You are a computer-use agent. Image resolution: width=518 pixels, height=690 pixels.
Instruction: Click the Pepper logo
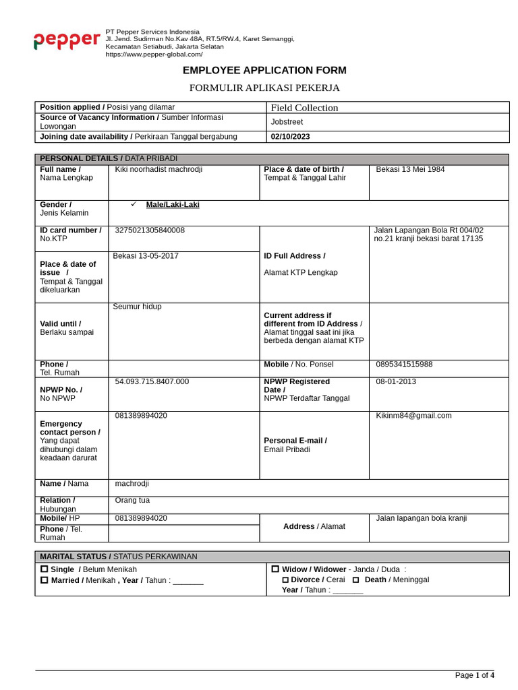tap(67, 41)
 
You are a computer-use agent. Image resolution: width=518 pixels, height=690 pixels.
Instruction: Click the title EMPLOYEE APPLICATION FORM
tap(264, 71)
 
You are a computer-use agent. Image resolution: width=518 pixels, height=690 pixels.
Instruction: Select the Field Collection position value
tap(304, 108)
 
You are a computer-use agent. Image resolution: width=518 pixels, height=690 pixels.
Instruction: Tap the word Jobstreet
tap(287, 122)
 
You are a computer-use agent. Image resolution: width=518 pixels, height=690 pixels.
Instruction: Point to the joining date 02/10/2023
tap(290, 137)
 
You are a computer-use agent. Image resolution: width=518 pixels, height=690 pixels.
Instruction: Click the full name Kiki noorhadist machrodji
tap(159, 170)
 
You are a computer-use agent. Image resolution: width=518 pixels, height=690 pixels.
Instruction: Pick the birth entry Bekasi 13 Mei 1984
tap(410, 170)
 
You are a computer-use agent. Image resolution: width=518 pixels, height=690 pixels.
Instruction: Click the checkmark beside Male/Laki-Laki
tap(134, 204)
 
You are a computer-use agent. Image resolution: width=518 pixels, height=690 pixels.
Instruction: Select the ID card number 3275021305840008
tap(150, 230)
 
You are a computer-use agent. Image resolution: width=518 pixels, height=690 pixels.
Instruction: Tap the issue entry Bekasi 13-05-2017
tap(146, 256)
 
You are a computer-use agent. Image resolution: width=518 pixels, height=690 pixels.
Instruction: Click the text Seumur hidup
tap(137, 307)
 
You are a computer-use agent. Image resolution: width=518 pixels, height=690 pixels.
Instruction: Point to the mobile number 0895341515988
tap(404, 365)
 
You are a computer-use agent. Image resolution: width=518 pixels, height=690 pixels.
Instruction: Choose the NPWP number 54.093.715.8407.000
tap(152, 381)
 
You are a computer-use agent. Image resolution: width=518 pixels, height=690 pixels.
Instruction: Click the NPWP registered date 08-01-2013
tap(396, 381)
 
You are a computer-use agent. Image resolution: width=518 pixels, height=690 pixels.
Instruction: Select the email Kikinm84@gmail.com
tap(413, 416)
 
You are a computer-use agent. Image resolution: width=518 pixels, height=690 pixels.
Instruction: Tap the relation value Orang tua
tap(132, 501)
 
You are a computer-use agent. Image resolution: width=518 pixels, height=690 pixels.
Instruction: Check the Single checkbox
tap(45, 569)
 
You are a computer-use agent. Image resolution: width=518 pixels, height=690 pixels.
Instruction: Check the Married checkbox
tap(45, 580)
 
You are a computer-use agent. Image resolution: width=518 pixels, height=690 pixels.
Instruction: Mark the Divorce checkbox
tap(285, 580)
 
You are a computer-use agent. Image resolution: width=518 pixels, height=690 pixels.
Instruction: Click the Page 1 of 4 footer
tap(474, 675)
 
